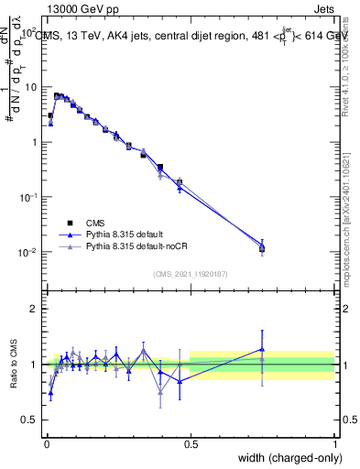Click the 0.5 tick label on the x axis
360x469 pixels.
click(x=191, y=444)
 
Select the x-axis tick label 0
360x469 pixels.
click(x=47, y=444)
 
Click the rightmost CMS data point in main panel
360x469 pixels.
click(x=262, y=248)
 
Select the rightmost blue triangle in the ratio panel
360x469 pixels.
click(x=262, y=349)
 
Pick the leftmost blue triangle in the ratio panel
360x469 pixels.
click(x=50, y=392)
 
